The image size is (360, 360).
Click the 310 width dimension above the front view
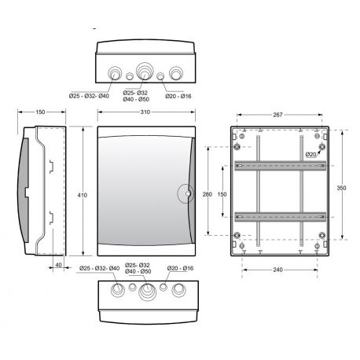pyautogui.click(x=145, y=113)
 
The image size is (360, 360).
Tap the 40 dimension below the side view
pyautogui.click(x=59, y=264)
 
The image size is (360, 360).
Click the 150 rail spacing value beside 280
pyautogui.click(x=222, y=193)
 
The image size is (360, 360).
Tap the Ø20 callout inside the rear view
pyautogui.click(x=310, y=155)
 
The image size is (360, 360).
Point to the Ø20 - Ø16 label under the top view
pyautogui.click(x=178, y=96)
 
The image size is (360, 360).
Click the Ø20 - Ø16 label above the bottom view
pyautogui.click(x=180, y=269)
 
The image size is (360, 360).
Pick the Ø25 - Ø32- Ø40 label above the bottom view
pyautogui.click(x=100, y=269)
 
